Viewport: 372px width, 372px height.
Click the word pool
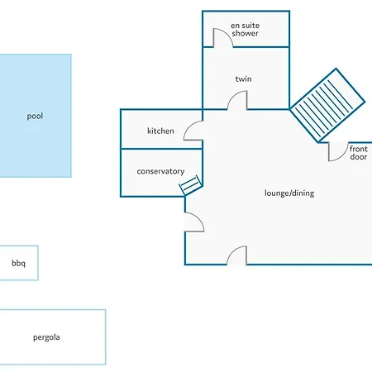35,116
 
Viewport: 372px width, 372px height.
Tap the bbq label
18,263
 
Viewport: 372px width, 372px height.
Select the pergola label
46,337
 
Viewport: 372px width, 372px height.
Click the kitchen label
160,131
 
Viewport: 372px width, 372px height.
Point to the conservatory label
160,171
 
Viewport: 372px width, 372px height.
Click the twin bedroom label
243,79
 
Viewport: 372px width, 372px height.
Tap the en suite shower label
246,29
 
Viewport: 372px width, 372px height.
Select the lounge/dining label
289,193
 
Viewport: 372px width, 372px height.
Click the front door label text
359,153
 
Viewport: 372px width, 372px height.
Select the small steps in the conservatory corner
191,185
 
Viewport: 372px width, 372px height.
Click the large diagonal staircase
327,106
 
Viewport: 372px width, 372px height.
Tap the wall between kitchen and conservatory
161,149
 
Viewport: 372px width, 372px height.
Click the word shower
246,33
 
